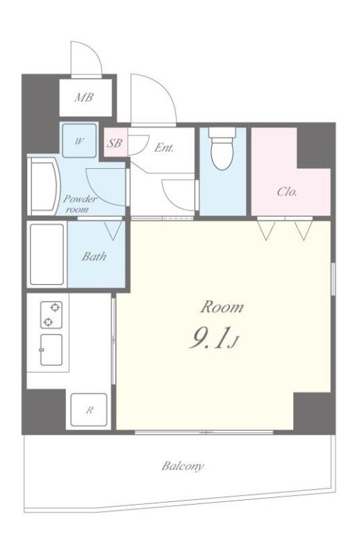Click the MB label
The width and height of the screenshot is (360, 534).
point(83,97)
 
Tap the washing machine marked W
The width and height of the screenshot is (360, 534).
point(79,140)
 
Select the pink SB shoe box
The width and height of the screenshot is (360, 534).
point(115,143)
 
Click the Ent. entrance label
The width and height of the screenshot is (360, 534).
point(164,147)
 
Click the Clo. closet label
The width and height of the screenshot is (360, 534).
point(287,191)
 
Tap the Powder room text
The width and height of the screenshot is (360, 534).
point(80,204)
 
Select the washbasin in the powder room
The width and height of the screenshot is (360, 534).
point(44,188)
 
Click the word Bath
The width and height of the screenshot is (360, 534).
point(94,256)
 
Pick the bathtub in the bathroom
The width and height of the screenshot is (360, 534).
point(47,254)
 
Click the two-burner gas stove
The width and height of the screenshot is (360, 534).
point(51,315)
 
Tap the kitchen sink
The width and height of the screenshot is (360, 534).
point(51,350)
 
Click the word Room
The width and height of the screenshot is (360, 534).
point(222,307)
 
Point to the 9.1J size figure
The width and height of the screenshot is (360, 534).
point(213,337)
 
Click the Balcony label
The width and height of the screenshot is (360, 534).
point(183,466)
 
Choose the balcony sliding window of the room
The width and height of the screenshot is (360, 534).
point(204,432)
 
